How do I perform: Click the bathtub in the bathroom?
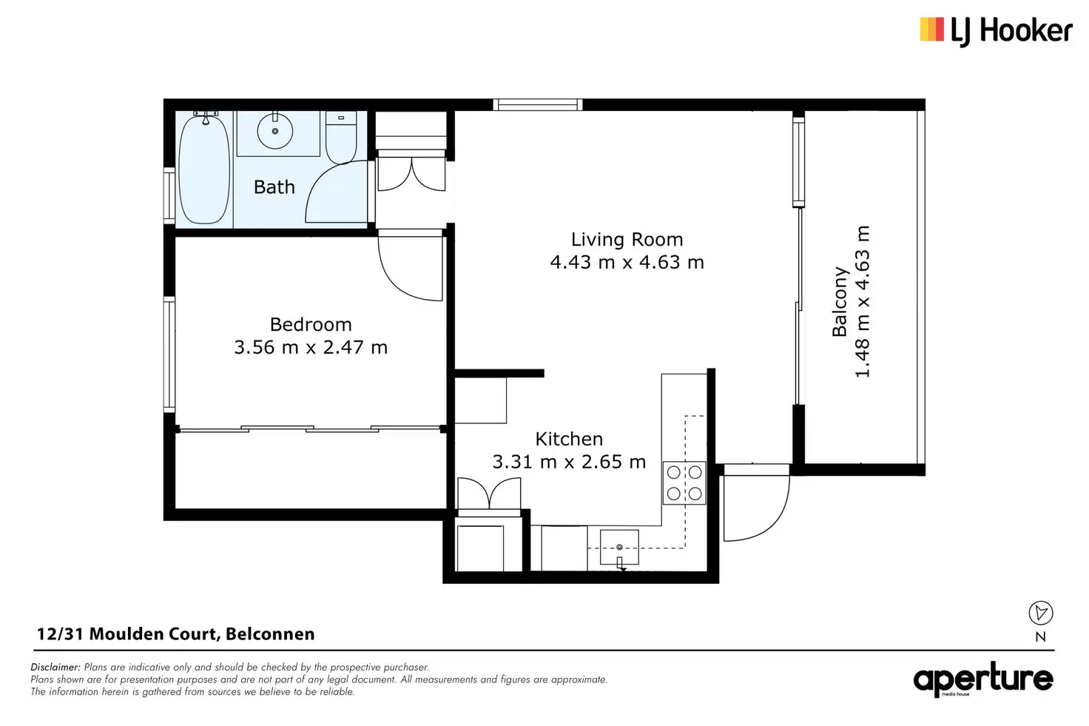204,169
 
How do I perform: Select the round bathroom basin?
274,131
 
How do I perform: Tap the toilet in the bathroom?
341,137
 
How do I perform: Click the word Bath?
274,186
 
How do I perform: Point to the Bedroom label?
311,324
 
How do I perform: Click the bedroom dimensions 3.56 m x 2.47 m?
311,347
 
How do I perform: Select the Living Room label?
627,239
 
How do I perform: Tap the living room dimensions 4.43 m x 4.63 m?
627,262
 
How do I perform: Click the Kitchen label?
569,439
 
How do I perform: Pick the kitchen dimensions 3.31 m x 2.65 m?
569,462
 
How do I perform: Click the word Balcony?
840,301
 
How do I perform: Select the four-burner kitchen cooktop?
684,483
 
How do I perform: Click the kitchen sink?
619,548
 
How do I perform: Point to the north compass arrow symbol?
1041,613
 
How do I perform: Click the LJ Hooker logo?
996,32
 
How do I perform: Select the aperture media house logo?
983,679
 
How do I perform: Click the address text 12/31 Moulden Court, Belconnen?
176,634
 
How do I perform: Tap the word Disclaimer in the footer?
55,667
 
